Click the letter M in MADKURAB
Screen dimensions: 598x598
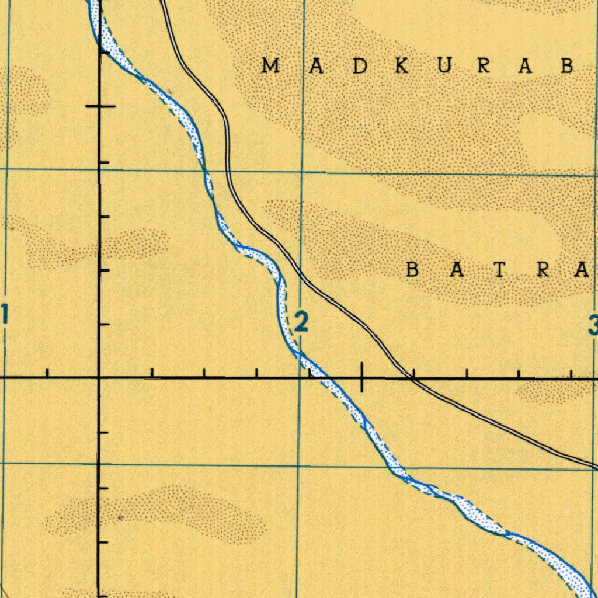[x=269, y=66]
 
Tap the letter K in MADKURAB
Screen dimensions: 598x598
[x=402, y=66]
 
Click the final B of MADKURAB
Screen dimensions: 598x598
[x=566, y=66]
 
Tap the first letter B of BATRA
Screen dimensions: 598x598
[x=413, y=270]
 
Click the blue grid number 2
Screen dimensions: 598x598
[x=301, y=322]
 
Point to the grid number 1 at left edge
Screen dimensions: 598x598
[x=4, y=316]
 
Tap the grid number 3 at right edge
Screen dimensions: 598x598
[x=593, y=325]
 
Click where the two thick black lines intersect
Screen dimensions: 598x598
[x=99, y=378]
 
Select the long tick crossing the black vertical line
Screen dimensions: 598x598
[x=100, y=106]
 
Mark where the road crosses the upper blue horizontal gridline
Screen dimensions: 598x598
[x=228, y=172]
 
